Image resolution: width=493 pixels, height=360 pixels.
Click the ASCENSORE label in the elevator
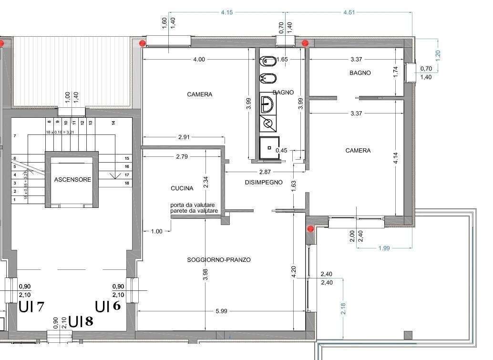[x=72, y=180]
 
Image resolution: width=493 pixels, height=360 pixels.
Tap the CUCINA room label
[x=182, y=188]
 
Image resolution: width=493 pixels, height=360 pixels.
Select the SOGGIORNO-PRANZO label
[x=219, y=260]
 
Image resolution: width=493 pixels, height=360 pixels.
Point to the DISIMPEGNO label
[x=264, y=182]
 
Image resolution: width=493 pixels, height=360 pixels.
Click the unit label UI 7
[x=31, y=307]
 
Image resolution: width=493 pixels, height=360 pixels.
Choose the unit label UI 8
[x=81, y=321]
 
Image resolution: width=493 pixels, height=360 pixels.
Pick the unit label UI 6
[x=108, y=306]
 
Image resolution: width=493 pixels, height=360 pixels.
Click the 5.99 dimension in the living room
[x=221, y=311]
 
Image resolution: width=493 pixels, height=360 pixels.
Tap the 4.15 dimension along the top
[x=226, y=12]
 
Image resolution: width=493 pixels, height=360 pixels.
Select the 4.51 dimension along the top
[x=349, y=12]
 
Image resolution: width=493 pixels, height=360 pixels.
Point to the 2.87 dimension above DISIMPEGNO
[x=265, y=172]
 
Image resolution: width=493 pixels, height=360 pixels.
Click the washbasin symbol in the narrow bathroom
[x=267, y=103]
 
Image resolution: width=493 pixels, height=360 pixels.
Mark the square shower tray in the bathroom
[x=269, y=148]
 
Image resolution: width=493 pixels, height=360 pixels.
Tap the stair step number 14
[x=113, y=123]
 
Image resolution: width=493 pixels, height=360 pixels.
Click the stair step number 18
[x=127, y=183]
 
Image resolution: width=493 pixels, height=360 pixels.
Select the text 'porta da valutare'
[x=193, y=205]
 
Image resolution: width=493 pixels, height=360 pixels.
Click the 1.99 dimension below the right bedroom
[x=384, y=248]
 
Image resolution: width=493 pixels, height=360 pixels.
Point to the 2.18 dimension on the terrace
[x=343, y=308]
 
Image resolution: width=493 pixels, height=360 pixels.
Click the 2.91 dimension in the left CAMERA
[x=184, y=137]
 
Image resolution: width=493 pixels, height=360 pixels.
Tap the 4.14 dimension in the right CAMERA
[x=396, y=158]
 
